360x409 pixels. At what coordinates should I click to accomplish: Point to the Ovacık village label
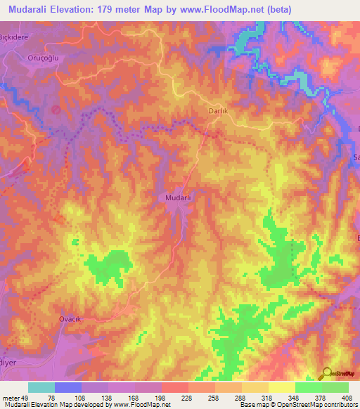70,318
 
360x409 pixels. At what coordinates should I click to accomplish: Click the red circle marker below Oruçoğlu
56,109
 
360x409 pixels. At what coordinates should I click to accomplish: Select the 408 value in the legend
347,398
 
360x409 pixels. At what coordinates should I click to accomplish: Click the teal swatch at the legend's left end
41,387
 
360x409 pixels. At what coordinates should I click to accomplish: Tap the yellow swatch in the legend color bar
281,387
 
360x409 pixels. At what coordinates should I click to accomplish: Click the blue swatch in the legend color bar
68,387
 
